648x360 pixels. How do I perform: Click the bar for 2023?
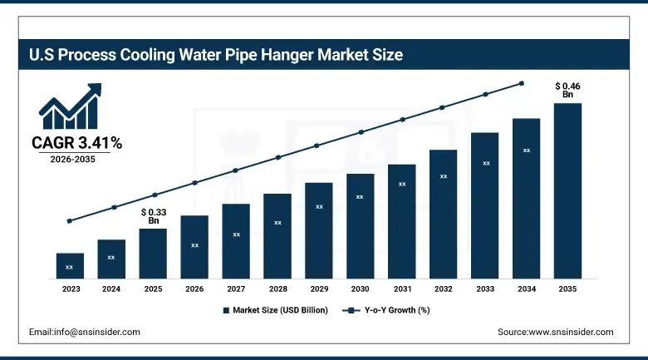70,265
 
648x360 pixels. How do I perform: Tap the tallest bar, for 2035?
567,190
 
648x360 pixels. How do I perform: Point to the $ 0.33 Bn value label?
153,216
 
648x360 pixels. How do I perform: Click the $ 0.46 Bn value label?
568,90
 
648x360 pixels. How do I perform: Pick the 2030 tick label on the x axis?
360,289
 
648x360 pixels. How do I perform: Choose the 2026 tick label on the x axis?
194,289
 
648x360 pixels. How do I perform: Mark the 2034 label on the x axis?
526,289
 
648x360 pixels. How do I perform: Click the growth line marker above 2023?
70,221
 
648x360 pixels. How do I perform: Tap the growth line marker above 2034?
522,83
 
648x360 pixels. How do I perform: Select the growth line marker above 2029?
317,145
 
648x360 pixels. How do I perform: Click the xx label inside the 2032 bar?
444,176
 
